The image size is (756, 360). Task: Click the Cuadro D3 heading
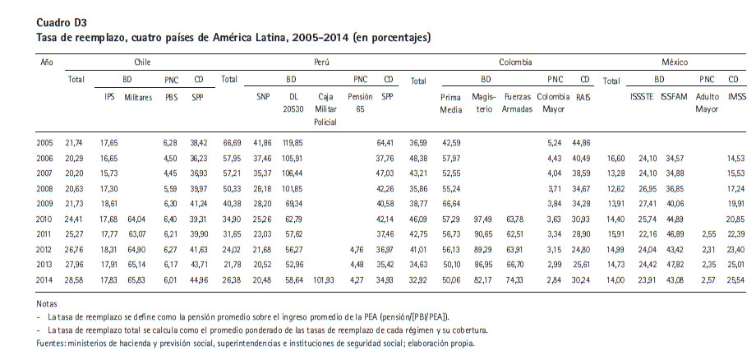[x=62, y=22]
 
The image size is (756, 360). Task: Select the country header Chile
[x=142, y=62]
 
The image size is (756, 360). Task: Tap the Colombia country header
[x=516, y=62]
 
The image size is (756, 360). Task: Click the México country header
[x=675, y=62]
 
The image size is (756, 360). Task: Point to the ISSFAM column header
[x=674, y=97]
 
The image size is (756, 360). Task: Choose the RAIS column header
[x=583, y=97]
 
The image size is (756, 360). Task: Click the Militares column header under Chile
[x=138, y=97]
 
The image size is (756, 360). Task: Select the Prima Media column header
[x=451, y=103]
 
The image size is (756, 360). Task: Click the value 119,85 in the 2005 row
[x=293, y=143]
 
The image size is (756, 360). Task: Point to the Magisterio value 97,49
[x=483, y=219]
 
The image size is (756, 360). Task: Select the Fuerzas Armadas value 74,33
[x=516, y=280]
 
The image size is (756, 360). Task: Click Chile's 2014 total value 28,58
[x=74, y=280]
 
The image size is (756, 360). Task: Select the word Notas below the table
[x=46, y=305]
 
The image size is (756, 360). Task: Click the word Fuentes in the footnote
[x=51, y=344]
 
